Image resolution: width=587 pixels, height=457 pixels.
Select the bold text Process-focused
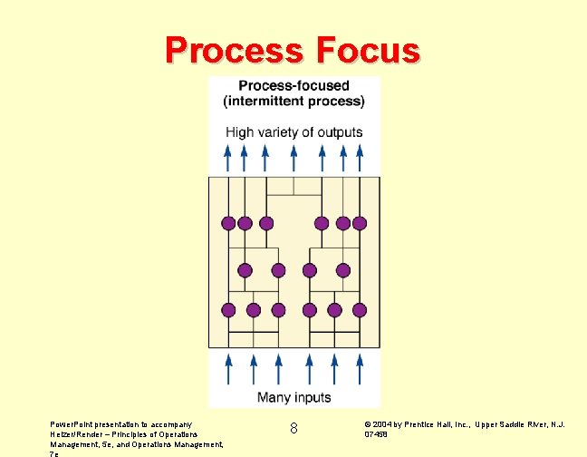294,87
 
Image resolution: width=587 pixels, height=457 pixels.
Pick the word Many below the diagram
274,397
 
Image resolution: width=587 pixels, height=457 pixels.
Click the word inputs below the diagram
313,397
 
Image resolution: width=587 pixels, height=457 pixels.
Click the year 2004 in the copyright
382,424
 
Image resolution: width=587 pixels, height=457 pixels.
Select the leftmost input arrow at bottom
227,369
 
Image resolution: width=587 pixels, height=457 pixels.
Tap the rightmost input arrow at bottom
360,369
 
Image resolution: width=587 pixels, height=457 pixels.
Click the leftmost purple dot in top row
227,223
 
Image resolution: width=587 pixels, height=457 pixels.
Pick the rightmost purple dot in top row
360,223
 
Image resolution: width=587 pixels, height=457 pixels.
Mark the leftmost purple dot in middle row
244,269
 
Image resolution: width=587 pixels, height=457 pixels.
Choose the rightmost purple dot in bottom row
360,310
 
